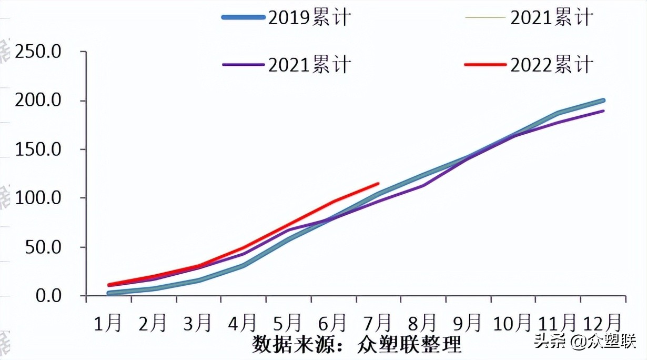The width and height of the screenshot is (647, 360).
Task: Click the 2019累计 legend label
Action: (x=309, y=18)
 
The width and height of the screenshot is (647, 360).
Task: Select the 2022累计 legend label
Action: (x=552, y=65)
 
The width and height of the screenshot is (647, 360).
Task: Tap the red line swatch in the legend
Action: (x=485, y=65)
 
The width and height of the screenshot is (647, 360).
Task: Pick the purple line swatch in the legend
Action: (x=242, y=65)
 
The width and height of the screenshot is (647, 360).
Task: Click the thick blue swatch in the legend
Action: (x=242, y=17)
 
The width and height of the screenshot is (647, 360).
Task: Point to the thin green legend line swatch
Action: (x=485, y=17)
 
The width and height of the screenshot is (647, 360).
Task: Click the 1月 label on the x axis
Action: (x=109, y=323)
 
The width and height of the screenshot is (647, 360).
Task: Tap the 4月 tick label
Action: (x=243, y=323)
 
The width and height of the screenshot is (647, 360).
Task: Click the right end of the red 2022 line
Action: (x=378, y=184)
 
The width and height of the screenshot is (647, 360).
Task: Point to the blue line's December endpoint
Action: (x=603, y=100)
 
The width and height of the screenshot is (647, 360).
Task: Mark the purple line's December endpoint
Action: (x=603, y=111)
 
